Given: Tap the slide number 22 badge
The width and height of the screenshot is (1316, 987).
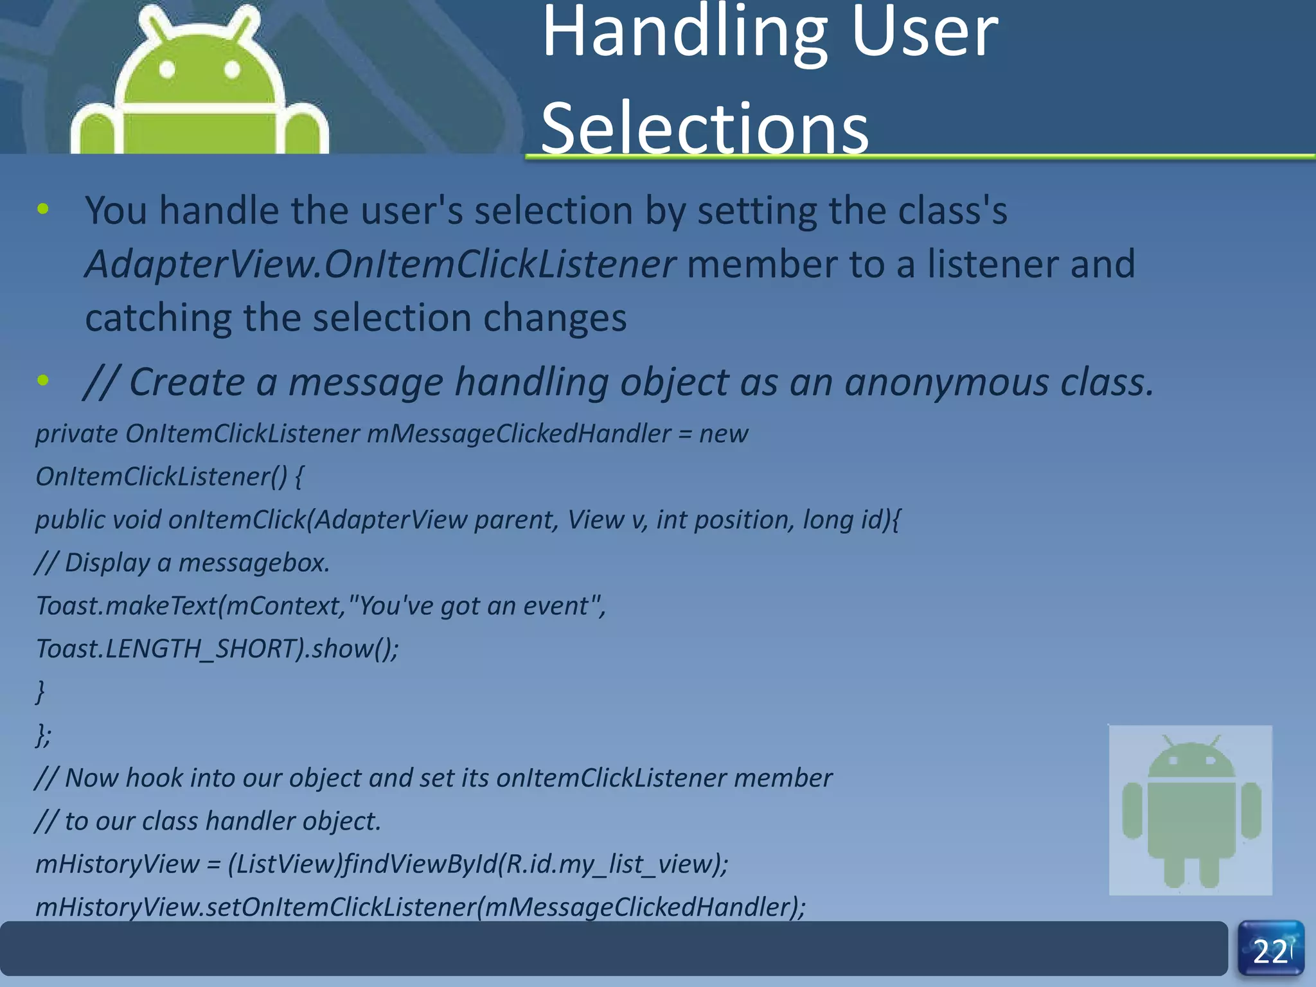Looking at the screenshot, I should [x=1270, y=950].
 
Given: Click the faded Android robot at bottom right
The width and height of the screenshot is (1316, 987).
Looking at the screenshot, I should [x=1190, y=810].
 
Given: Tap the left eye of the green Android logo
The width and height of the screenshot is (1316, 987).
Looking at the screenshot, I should [x=168, y=69].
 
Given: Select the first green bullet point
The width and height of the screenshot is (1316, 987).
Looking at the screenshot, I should [x=43, y=209].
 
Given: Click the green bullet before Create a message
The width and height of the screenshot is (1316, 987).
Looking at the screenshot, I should [x=43, y=380].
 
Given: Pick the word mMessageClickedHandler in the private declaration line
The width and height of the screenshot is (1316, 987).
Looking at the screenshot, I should [x=519, y=434].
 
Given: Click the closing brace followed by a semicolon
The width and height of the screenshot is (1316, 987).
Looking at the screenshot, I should [x=42, y=734].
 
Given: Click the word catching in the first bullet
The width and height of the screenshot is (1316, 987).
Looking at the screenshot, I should [x=158, y=318].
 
